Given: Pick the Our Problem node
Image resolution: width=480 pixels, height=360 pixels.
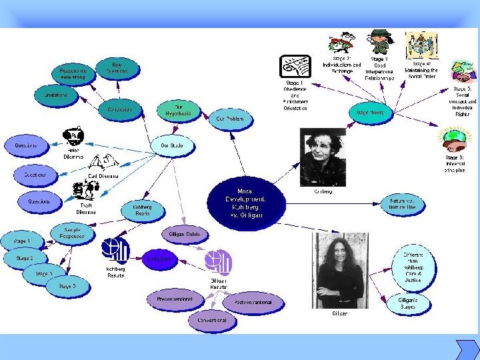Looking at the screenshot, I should [235, 119].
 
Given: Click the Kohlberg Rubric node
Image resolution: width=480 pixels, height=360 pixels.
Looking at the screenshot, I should [142, 210].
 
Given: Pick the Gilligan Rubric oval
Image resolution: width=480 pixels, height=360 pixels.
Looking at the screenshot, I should [184, 234].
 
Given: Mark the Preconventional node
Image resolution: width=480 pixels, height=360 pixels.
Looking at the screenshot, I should [175, 299].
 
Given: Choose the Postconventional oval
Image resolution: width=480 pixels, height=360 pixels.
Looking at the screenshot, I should [252, 303].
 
